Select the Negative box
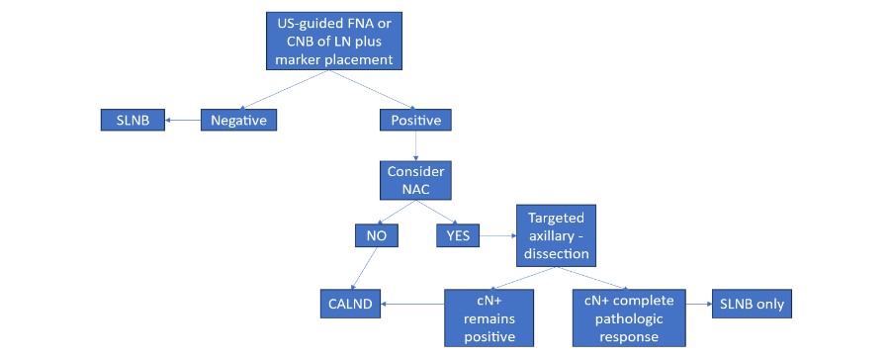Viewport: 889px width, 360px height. click(x=238, y=120)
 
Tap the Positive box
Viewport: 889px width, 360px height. click(x=416, y=120)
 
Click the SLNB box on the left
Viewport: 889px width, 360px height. click(x=133, y=120)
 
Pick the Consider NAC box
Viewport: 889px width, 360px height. click(x=416, y=178)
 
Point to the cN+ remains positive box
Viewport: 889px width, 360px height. click(x=489, y=318)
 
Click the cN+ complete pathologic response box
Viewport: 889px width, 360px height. click(x=629, y=318)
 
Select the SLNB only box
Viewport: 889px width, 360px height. click(x=752, y=305)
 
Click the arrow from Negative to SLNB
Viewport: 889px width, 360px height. click(x=184, y=120)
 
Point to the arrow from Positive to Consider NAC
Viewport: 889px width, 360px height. click(x=416, y=146)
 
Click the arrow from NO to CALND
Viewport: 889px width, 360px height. click(x=364, y=270)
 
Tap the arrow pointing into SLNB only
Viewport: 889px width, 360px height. click(x=698, y=305)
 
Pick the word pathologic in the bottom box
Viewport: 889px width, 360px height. click(x=629, y=319)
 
